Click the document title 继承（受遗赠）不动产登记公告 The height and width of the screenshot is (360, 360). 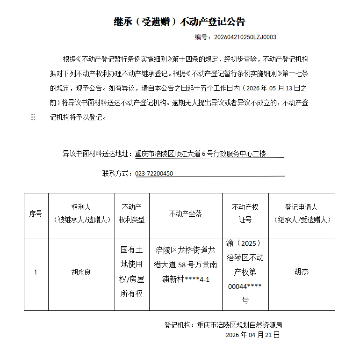[x=180, y=22]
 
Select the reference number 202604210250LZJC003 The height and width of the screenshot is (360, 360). [x=245, y=37]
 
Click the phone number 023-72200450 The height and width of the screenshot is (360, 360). [x=154, y=173]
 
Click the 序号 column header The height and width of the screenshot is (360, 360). [x=36, y=213]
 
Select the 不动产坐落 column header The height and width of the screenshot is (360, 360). [x=185, y=213]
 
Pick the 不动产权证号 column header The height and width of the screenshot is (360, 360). [x=245, y=213]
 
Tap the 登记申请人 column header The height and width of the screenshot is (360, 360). [x=302, y=213]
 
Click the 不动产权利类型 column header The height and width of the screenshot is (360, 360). [x=132, y=213]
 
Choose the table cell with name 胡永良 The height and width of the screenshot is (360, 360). [x=81, y=272]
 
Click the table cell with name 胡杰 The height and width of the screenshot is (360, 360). [x=302, y=272]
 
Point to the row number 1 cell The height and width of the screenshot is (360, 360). [x=36, y=272]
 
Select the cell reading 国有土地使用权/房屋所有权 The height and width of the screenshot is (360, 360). [x=132, y=272]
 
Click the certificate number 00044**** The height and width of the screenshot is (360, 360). [x=245, y=287]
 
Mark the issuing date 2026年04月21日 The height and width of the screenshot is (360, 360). [x=253, y=335]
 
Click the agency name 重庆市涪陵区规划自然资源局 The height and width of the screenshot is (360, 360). [x=240, y=325]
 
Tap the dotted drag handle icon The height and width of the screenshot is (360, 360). [x=33, y=117]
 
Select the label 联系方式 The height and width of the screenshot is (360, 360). [x=117, y=173]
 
